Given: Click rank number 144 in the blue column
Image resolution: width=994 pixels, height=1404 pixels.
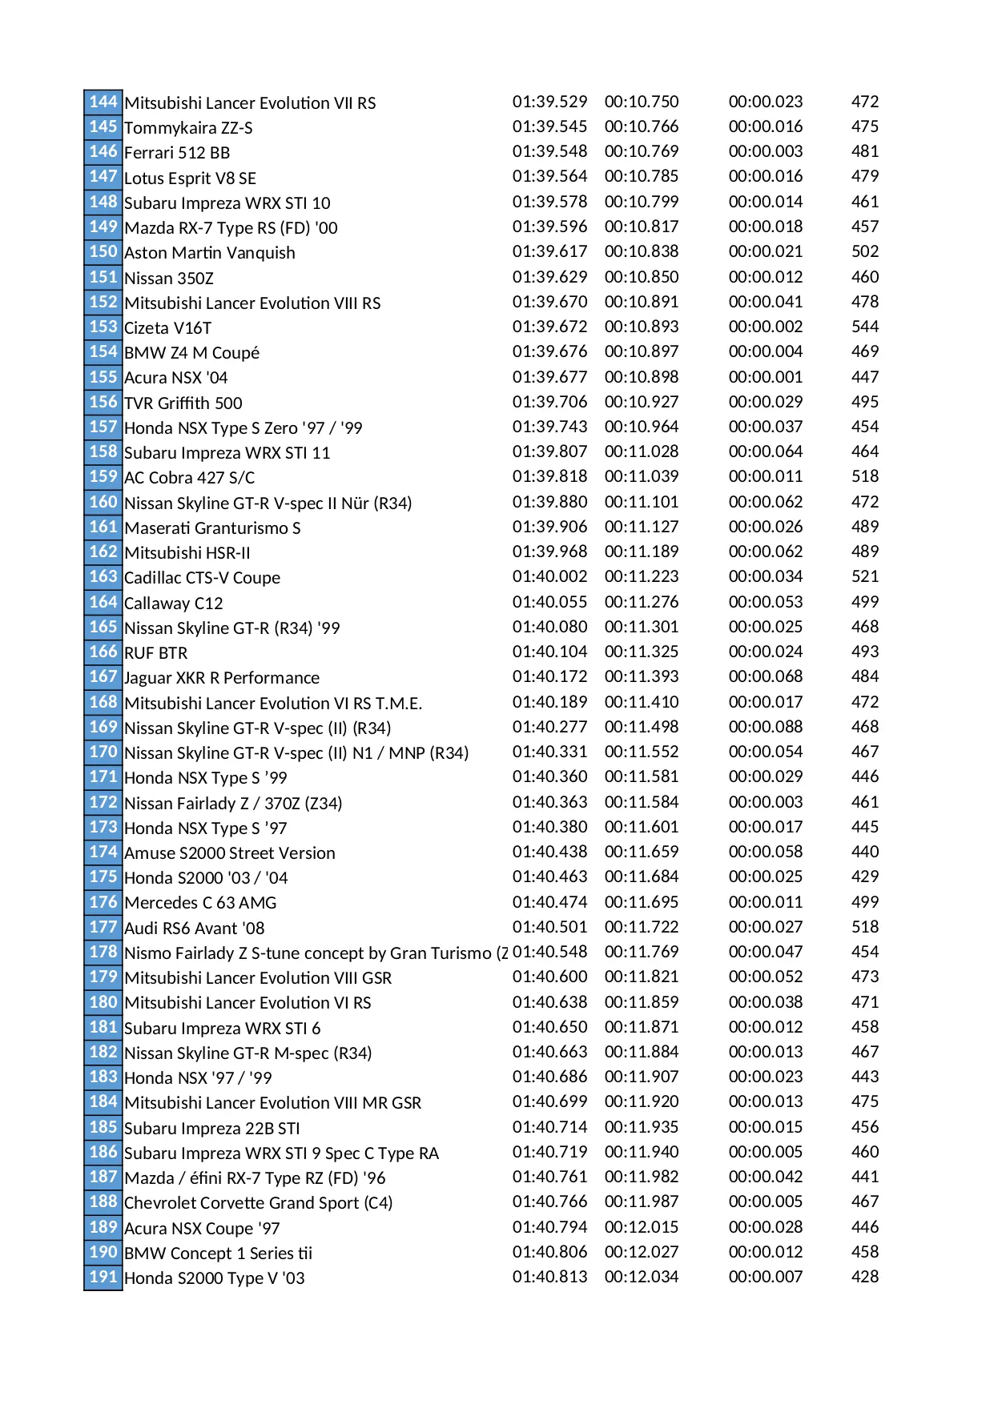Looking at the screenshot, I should [x=103, y=102].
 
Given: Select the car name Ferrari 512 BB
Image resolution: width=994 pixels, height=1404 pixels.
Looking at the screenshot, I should [x=177, y=153].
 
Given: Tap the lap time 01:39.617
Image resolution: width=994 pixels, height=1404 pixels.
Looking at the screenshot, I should [x=549, y=251].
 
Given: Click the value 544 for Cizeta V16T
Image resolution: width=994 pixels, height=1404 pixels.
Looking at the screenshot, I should [x=864, y=327].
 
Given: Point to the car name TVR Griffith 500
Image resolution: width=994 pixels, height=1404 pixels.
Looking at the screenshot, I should [x=183, y=403].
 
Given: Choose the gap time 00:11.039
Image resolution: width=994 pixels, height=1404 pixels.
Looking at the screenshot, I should [x=641, y=476].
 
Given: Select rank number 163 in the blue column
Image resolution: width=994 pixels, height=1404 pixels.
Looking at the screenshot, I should [x=103, y=576].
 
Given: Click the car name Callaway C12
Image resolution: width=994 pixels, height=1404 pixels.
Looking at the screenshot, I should [x=173, y=603].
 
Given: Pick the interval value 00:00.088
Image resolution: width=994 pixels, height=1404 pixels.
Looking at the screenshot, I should [x=765, y=727].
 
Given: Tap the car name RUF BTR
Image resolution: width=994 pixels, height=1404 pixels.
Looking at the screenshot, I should [x=155, y=653].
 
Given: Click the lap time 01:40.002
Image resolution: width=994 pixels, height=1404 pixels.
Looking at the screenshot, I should [x=549, y=576].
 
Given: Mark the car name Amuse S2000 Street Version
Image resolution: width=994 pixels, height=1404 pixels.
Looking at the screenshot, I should [x=229, y=853].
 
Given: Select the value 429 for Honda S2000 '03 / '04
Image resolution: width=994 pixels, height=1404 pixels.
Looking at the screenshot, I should [x=864, y=876].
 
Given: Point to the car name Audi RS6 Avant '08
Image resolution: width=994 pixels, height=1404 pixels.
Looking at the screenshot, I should [x=194, y=929].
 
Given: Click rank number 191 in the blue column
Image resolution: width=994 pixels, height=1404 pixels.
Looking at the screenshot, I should [x=103, y=1277].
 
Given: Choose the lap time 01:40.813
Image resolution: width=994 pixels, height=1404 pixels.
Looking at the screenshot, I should [x=549, y=1277].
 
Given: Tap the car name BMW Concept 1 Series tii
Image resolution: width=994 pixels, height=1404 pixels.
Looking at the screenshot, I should [x=218, y=1254].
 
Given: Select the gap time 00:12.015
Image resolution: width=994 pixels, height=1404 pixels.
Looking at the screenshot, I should [x=641, y=1227].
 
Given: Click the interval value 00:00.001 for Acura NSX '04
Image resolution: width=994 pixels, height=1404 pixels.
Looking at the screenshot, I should [x=765, y=377].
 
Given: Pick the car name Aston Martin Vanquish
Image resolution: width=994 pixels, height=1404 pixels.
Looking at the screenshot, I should [x=209, y=253].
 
